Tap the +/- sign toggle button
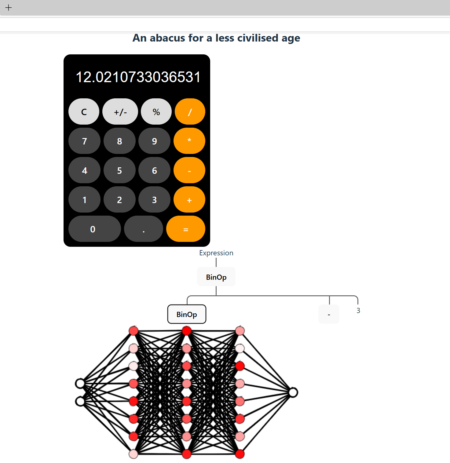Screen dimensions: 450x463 pos(120,112)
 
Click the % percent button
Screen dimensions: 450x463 pos(156,112)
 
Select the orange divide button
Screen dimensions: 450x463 pos(190,112)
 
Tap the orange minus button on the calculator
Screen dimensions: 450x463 pos(189,170)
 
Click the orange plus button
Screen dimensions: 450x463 pos(189,200)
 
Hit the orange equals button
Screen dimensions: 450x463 pos(186,229)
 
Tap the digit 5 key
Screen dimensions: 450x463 pos(119,170)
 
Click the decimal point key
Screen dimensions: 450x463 pos(143,229)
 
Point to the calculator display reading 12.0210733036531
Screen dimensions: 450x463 pos(138,77)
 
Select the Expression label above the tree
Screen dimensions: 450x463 pos(216,253)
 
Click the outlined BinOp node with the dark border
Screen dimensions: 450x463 pos(187,314)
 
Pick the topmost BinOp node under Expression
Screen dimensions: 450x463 pos(216,277)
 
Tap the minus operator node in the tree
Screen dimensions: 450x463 pos(329,314)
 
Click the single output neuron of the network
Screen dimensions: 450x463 pos(293,392)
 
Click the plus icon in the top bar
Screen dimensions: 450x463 pos(9,8)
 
